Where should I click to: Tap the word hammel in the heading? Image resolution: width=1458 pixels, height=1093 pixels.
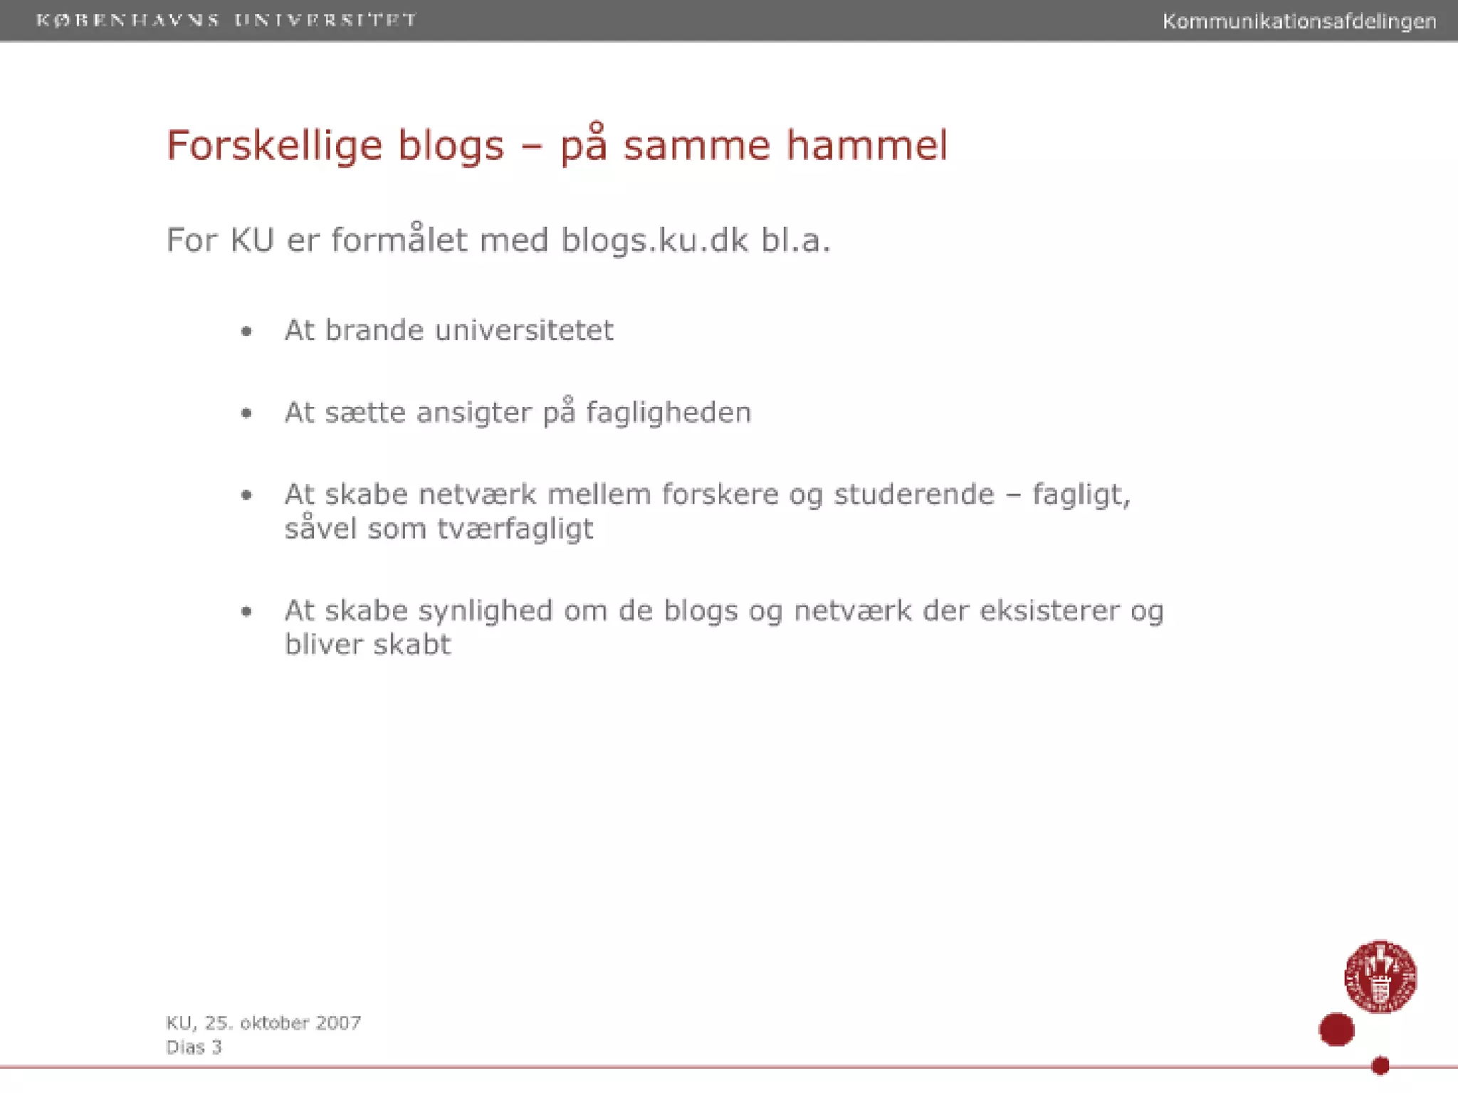866,145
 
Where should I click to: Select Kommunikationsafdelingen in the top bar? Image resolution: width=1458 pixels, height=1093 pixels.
1299,21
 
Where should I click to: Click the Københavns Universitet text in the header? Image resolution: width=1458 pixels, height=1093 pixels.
226,20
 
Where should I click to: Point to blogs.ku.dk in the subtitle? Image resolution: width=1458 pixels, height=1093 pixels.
654,240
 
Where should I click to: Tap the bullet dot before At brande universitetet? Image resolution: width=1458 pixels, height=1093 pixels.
246,331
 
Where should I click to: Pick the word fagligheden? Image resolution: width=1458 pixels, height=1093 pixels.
668,413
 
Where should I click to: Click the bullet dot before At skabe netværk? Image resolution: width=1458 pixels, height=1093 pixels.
246,495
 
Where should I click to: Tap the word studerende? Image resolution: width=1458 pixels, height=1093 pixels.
914,494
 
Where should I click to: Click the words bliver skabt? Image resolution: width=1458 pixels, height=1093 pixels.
367,645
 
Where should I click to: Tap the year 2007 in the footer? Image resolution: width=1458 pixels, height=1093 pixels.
338,1023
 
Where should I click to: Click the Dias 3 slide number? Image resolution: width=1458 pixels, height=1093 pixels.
194,1047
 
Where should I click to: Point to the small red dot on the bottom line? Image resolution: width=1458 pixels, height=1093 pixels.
1380,1065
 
